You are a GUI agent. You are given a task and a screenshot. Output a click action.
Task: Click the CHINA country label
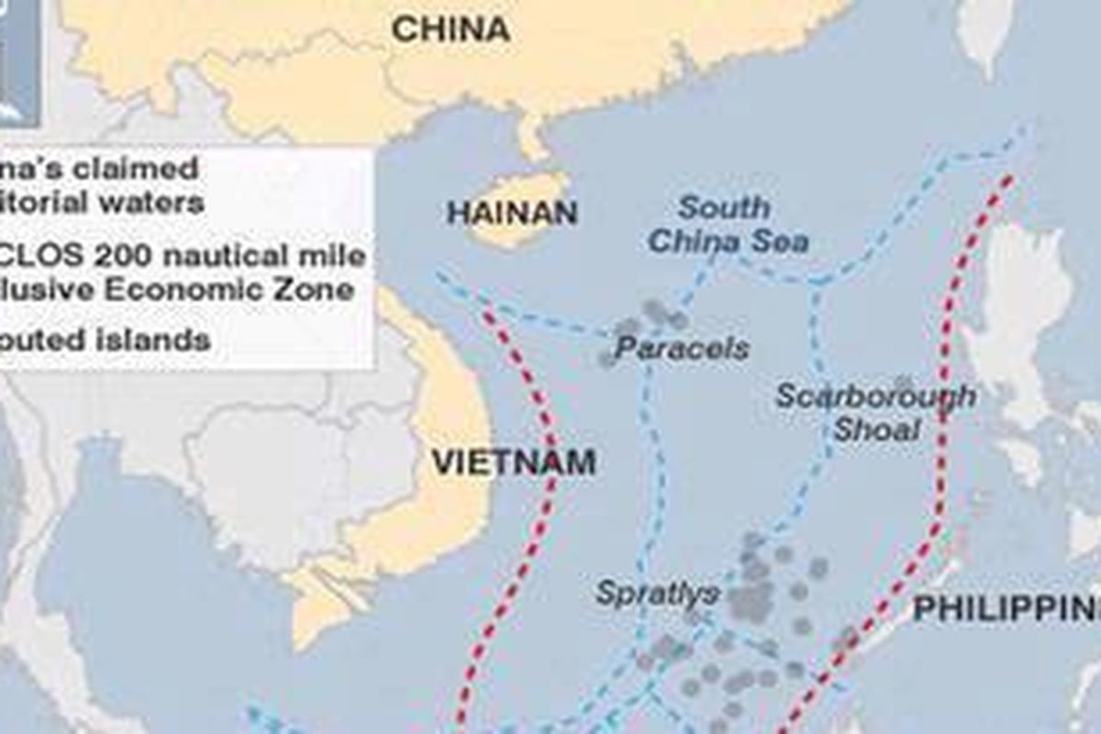point(450,28)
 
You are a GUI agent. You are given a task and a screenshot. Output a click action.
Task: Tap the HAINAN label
point(512,213)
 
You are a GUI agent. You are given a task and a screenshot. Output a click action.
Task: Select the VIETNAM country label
point(514,462)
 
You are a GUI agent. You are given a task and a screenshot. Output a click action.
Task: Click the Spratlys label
point(657,593)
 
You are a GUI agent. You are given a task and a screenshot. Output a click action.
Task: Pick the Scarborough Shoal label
point(875,412)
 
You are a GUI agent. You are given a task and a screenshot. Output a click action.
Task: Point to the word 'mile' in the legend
point(336,256)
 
